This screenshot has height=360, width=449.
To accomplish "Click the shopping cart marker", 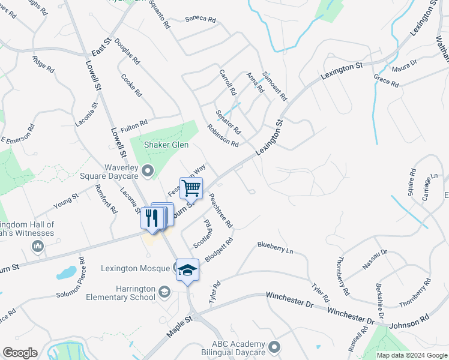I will coord(191,188).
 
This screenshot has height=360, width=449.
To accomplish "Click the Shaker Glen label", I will coord(166,145).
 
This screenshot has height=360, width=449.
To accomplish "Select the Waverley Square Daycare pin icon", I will coord(148,171).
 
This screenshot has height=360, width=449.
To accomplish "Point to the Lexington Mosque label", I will coord(136,269).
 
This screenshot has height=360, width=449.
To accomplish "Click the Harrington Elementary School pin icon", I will coord(163,292).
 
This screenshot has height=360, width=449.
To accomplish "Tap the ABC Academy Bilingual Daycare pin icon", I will coord(274,346).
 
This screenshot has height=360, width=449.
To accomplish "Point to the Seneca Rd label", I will coord(200,19).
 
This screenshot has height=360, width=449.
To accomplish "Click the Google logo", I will coord(20,353).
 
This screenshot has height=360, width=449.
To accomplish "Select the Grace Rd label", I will coord(386,82).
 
